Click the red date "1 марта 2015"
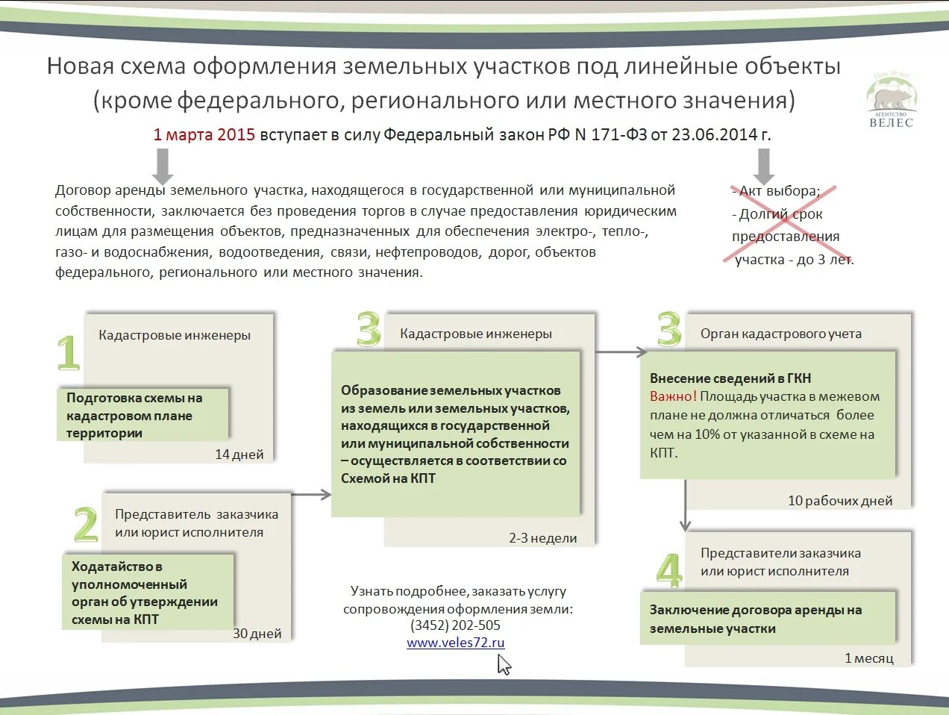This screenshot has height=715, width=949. click(204, 135)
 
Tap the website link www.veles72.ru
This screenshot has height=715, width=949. click(455, 643)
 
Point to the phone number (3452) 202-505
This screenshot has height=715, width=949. click(455, 625)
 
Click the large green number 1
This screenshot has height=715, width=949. click(68, 352)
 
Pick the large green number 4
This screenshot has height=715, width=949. click(668, 571)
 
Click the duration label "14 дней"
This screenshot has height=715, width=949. click(239, 455)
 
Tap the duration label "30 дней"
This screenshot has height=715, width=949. click(257, 634)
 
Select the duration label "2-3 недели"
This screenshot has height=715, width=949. click(542, 538)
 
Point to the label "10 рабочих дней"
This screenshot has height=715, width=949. click(839, 501)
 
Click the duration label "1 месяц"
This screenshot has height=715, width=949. click(868, 658)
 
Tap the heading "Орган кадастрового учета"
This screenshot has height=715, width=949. click(780, 334)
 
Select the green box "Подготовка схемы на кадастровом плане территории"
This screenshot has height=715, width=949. click(142, 415)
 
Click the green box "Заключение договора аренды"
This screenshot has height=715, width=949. click(768, 619)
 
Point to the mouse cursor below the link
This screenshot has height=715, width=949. click(504, 664)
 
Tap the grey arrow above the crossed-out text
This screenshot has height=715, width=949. click(763, 166)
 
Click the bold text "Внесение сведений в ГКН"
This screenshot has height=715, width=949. click(730, 378)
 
